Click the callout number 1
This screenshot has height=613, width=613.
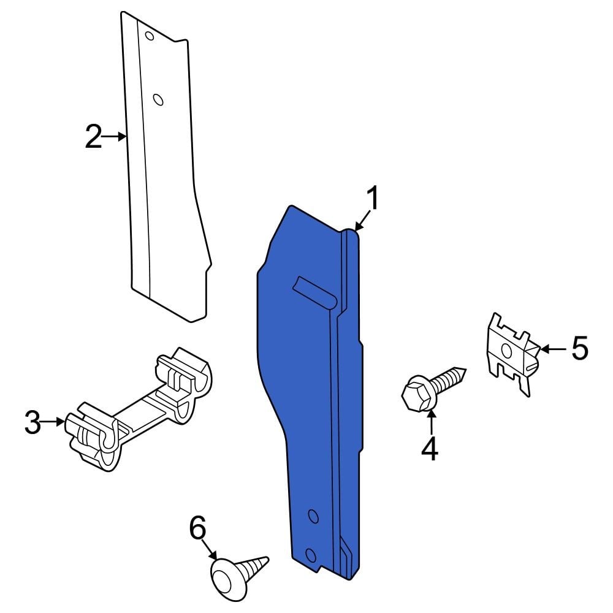(372, 200)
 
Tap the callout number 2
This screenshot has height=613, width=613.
(93, 137)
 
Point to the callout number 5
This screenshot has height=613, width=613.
(579, 349)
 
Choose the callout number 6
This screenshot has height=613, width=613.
(197, 528)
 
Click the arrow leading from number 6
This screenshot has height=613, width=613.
(210, 549)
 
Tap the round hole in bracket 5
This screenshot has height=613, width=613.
(507, 350)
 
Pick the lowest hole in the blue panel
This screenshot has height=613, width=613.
(310, 556)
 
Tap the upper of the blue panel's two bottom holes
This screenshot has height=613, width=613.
(313, 516)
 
